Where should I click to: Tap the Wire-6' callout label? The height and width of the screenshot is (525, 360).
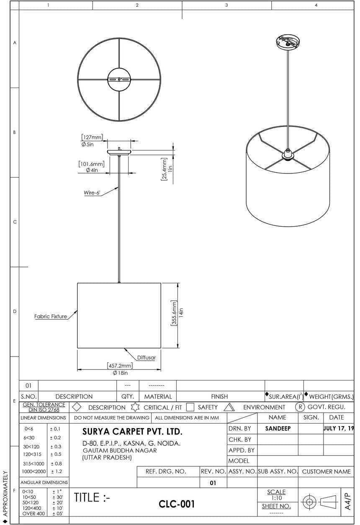pos(93,193)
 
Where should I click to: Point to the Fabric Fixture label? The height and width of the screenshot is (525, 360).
pos(51,316)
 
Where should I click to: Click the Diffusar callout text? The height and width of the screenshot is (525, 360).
pos(146,357)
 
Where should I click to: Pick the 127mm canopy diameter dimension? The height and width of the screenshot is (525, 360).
pos(92,137)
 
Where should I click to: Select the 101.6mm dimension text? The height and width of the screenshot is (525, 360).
pos(91,164)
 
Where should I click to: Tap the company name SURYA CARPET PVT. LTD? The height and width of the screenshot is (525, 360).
pos(132,432)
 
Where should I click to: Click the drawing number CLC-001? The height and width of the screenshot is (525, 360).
pos(177,504)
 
